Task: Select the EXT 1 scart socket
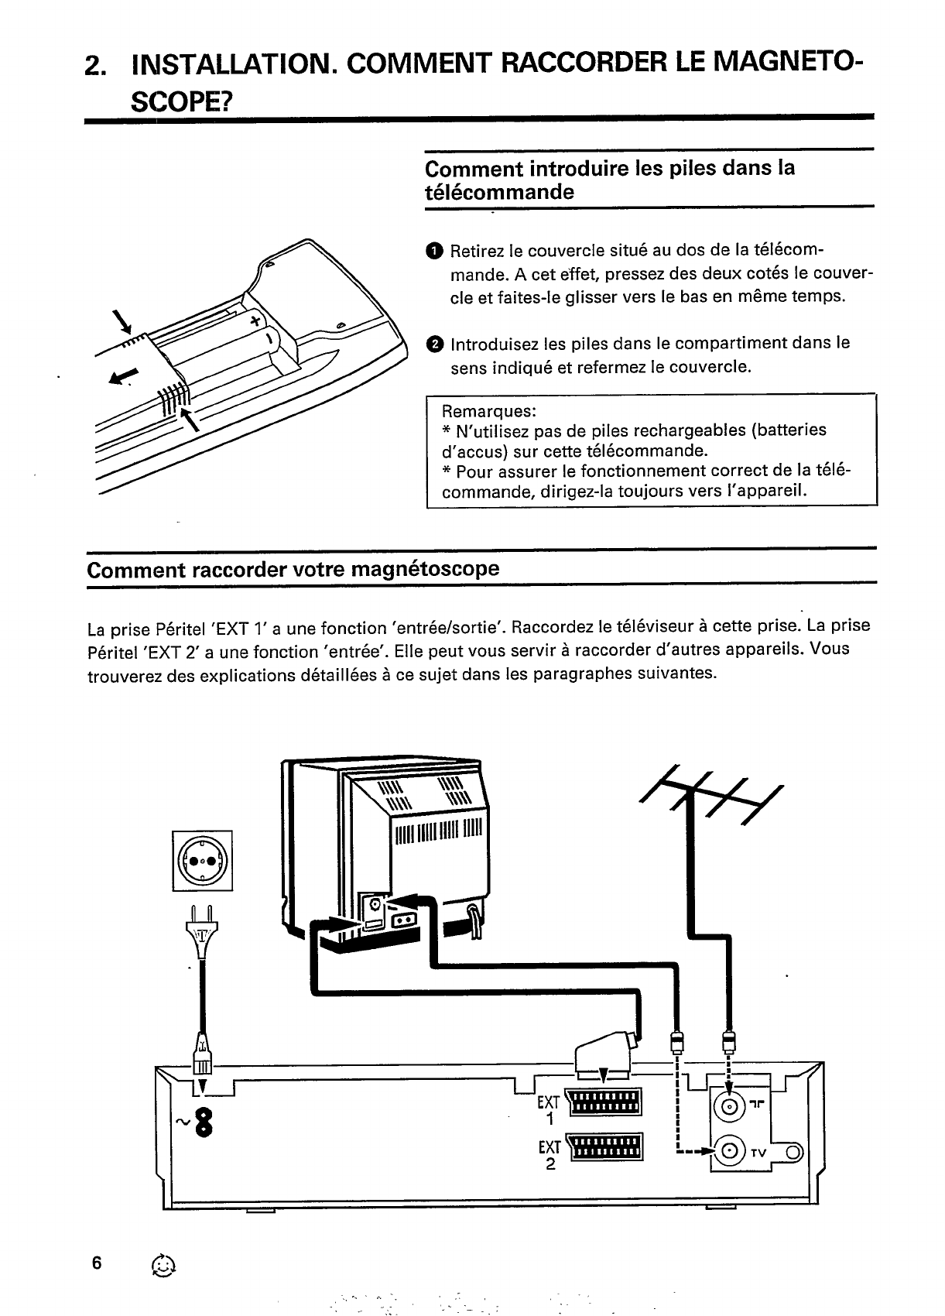click(604, 1102)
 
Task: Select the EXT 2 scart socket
click(604, 1148)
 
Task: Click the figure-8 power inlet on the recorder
click(204, 1122)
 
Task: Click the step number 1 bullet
click(434, 250)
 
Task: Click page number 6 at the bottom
click(96, 1263)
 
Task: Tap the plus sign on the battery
click(255, 320)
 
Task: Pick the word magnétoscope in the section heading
click(425, 570)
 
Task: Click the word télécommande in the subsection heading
click(500, 192)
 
